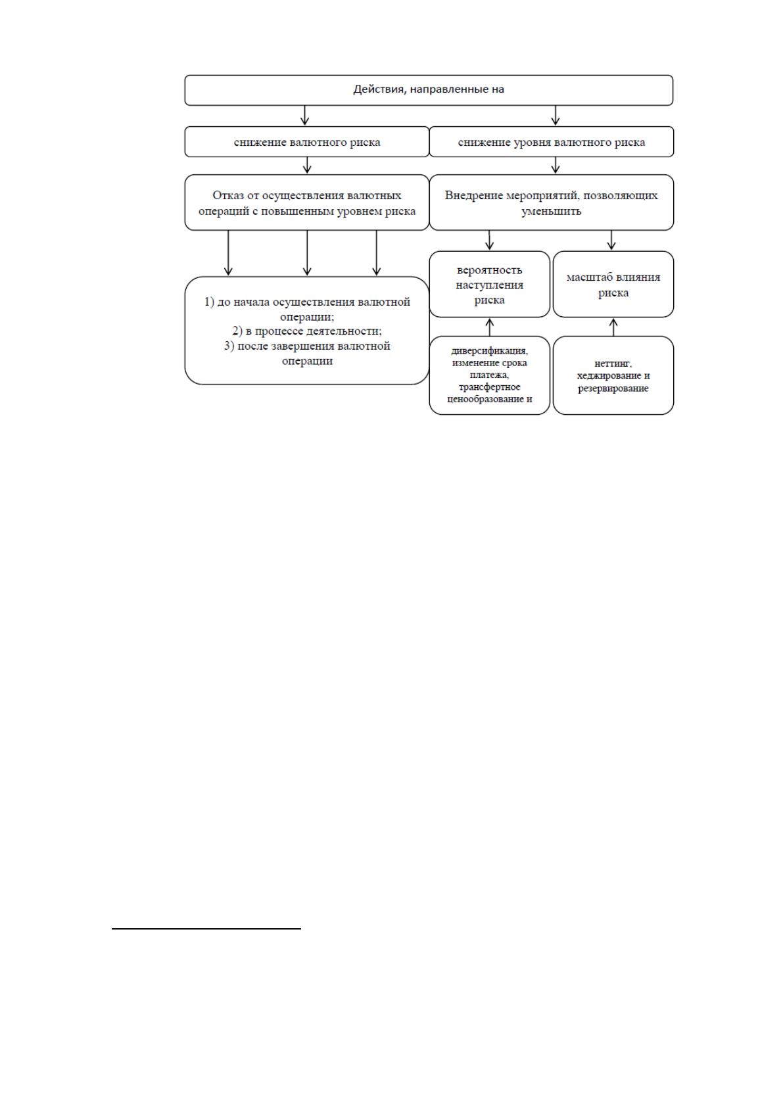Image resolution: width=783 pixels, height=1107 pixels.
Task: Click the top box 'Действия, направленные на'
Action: (429, 90)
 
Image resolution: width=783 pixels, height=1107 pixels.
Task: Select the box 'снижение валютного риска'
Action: (307, 142)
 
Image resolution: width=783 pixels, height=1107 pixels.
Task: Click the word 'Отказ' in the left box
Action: (228, 195)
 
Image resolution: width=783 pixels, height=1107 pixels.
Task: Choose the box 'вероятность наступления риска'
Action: (489, 284)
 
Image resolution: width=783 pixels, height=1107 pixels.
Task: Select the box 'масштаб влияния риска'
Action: (613, 284)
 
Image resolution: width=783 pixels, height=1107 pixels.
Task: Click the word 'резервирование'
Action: (613, 388)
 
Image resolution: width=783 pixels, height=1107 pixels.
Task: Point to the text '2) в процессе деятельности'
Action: (306, 331)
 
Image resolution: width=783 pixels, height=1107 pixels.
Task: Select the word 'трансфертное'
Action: (489, 387)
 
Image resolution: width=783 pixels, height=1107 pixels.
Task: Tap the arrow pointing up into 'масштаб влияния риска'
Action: (613, 327)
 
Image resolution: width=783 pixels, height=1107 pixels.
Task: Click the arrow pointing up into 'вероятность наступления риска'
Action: (490, 327)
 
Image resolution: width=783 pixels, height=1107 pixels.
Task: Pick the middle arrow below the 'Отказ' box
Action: (307, 252)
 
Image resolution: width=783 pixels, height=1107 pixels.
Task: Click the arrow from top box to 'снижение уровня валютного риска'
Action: (555, 115)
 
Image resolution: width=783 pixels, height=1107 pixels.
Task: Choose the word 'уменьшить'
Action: (551, 211)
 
